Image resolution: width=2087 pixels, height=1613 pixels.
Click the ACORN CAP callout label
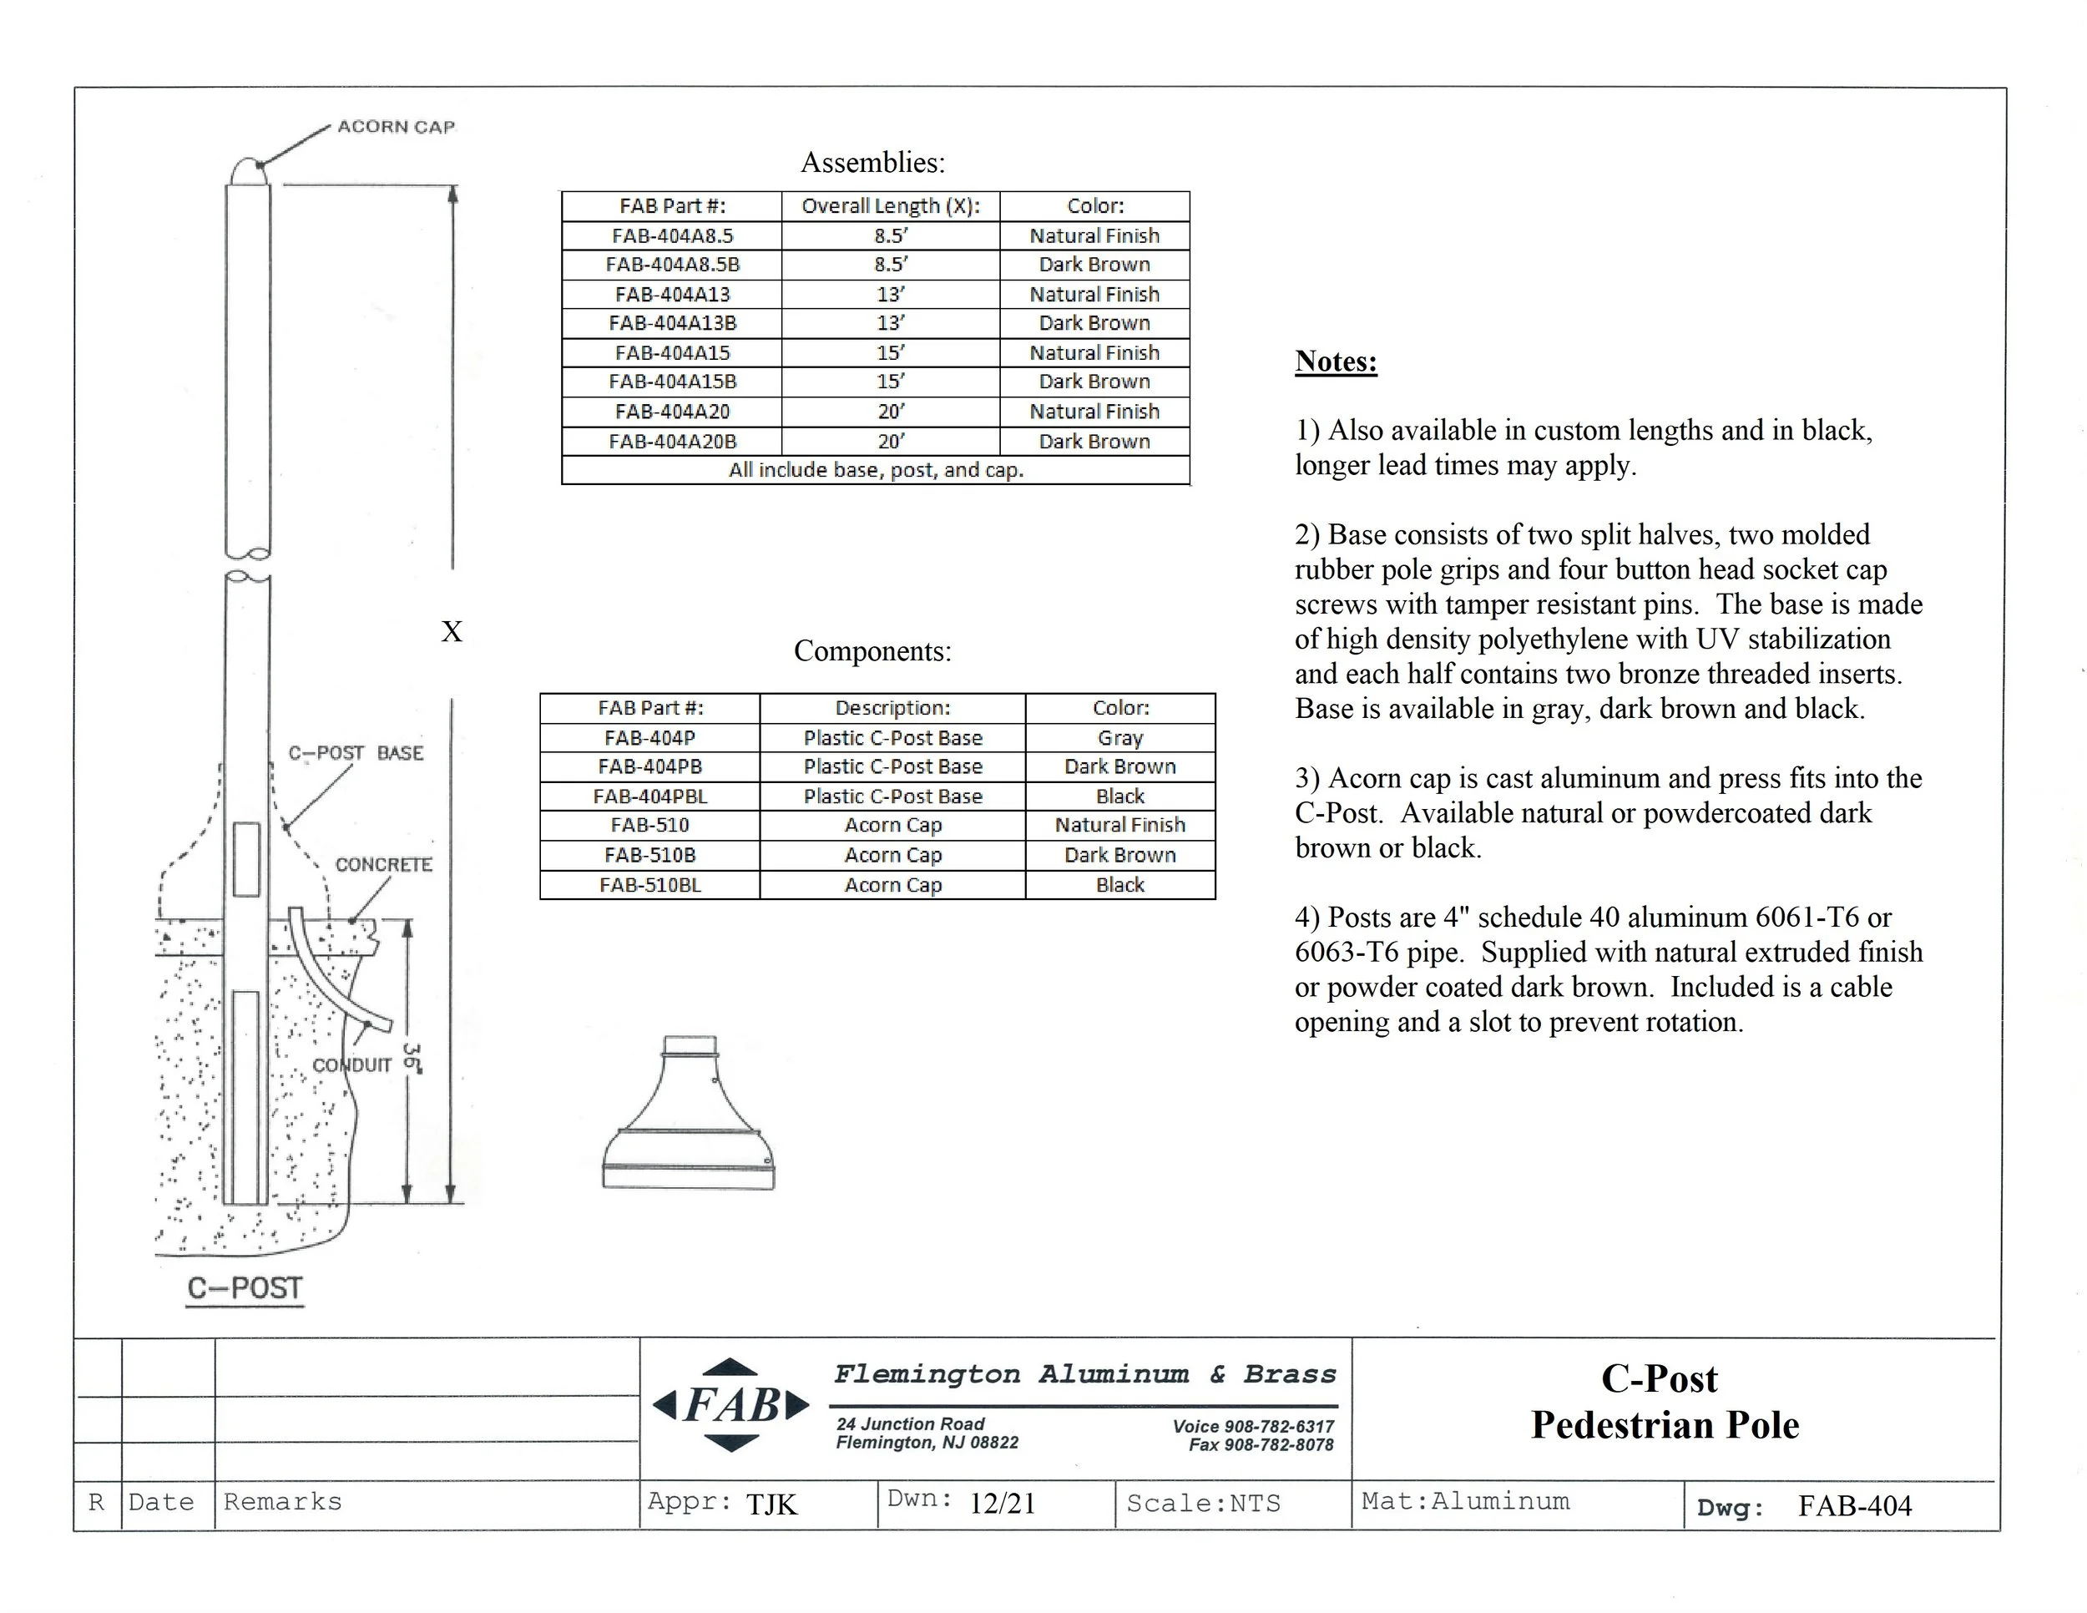396,127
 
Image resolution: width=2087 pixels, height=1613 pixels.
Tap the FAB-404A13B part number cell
672,324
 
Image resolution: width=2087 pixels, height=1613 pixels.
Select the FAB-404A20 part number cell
672,412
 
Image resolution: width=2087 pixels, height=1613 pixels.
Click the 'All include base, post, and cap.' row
876,470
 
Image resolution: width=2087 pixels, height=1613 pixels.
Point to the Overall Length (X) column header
891,206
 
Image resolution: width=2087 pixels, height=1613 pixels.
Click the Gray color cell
1120,738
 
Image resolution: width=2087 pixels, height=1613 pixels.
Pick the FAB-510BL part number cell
649,885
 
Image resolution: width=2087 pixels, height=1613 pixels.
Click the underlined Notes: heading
1336,362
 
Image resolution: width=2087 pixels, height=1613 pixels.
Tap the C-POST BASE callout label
356,753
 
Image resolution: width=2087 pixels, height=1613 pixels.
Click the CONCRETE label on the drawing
383,865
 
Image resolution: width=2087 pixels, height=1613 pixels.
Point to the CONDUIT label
352,1065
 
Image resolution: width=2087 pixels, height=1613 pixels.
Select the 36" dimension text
412,1059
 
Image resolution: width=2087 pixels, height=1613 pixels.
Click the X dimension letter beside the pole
451,632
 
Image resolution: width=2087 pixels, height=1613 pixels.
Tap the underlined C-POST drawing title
245,1289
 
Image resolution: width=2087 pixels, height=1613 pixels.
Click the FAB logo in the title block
731,1404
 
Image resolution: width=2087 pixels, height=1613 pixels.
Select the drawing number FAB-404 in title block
1854,1506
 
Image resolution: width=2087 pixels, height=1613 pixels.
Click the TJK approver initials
771,1505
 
